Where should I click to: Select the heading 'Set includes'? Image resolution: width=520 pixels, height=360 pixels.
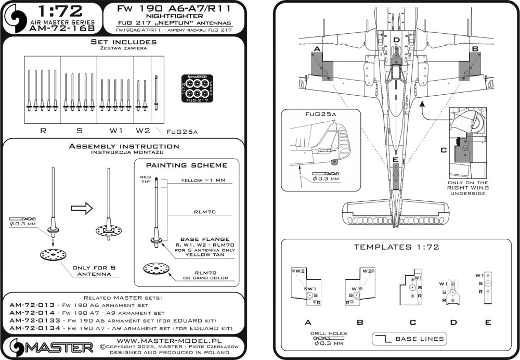click(x=123, y=41)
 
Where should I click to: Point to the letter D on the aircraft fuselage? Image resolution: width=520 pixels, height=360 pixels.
click(x=396, y=40)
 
